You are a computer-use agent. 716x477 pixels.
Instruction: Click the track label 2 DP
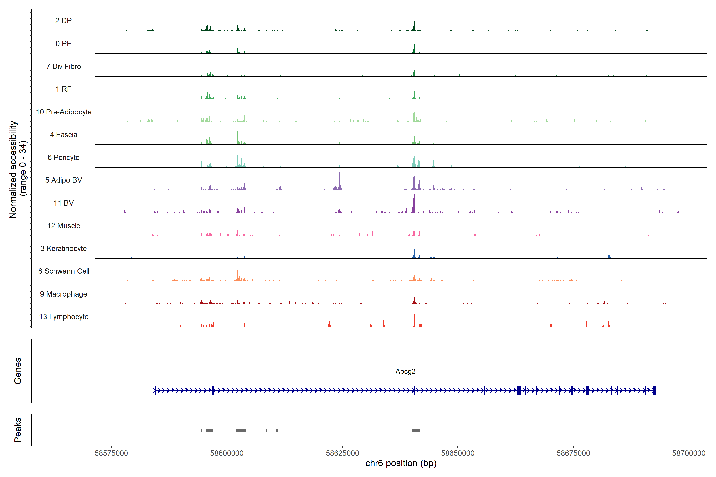[63, 21]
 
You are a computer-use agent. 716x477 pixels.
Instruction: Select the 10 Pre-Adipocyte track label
[64, 112]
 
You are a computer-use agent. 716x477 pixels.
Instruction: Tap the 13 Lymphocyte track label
[64, 317]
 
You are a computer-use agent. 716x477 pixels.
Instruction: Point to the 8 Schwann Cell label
[64, 271]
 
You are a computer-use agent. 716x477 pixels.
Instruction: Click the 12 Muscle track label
[64, 226]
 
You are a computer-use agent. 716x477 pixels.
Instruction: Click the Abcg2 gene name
[405, 371]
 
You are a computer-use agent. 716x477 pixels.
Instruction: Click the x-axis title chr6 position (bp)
[401, 463]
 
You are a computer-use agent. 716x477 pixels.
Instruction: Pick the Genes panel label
[18, 371]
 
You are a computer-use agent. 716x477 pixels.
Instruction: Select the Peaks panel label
[18, 430]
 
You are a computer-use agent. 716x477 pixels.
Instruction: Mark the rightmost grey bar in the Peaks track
[416, 430]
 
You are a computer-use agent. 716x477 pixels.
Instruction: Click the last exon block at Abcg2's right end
[654, 390]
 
